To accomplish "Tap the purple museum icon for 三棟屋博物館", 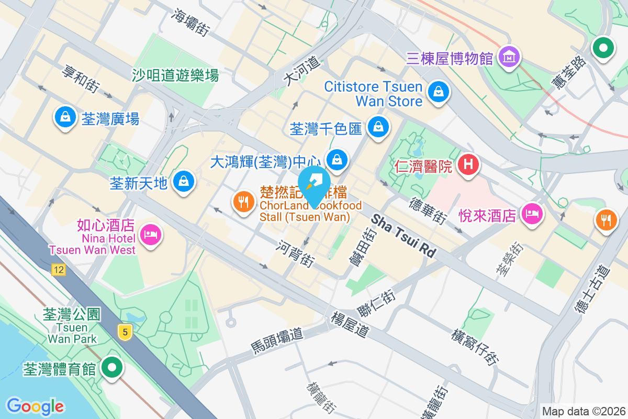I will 509,55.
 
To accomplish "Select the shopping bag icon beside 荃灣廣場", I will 65,117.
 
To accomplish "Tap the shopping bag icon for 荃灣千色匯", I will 377,127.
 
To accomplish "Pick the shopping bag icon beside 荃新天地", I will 183,182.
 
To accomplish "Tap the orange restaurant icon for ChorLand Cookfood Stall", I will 243,202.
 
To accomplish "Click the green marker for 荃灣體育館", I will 111,368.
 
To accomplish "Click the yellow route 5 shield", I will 124,332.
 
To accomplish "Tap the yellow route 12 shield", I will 58,270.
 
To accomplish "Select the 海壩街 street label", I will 190,22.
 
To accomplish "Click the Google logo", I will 35,406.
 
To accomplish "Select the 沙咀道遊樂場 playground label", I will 175,76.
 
